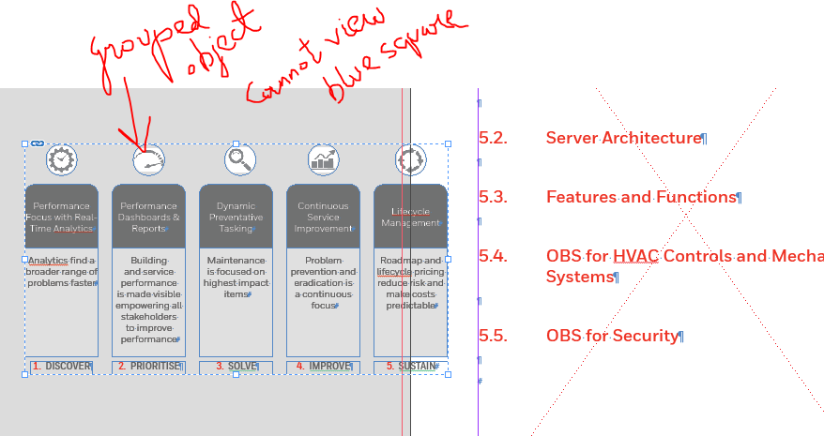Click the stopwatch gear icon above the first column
coord(61,159)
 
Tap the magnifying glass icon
coord(240,159)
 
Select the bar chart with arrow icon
coord(324,160)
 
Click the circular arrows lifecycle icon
coord(410,160)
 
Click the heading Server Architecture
coord(623,138)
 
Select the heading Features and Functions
coord(640,197)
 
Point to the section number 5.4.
coord(493,256)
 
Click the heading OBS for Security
coord(611,336)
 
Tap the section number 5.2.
coord(493,138)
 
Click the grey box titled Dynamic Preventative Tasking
coord(236,217)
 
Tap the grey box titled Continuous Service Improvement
coord(323,217)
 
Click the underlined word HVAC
coord(635,256)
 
